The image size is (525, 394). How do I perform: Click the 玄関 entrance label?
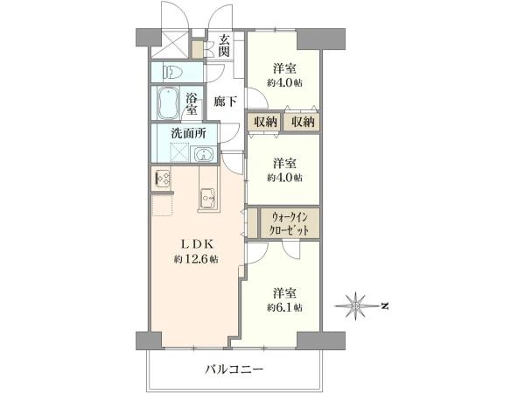tap(225, 44)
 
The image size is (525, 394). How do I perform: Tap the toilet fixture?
tap(170, 73)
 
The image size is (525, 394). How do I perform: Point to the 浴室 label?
tap(191, 104)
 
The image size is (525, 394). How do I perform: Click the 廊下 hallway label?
tap(226, 102)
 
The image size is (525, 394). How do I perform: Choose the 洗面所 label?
tap(188, 134)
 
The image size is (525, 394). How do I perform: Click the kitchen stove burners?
tap(163, 179)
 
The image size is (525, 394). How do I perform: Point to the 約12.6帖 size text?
tap(196, 260)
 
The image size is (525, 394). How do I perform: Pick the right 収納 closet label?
tap(301, 122)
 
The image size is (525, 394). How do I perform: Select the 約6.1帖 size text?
tap(285, 307)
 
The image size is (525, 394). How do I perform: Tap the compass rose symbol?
tap(356, 306)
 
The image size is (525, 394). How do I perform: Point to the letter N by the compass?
tap(383, 306)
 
